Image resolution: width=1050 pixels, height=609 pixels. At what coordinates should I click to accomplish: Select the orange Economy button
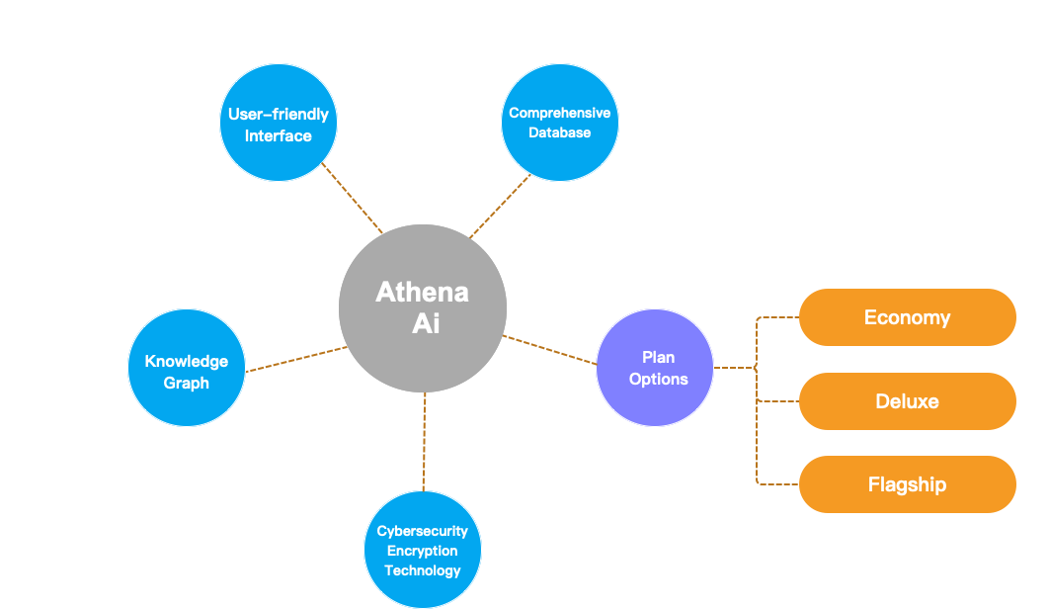(907, 317)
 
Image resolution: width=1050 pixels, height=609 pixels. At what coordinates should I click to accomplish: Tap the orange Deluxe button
(907, 401)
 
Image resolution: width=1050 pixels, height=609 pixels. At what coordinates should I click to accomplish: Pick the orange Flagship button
(907, 484)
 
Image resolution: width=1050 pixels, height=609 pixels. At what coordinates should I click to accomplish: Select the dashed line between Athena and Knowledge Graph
(294, 359)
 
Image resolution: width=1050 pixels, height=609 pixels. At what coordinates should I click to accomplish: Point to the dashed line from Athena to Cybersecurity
(424, 442)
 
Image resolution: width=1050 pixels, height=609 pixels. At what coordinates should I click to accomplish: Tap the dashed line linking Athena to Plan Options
(550, 351)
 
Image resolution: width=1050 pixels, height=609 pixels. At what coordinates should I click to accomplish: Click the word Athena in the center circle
(423, 293)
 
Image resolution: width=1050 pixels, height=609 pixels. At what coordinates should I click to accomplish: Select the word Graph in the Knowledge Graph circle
(187, 383)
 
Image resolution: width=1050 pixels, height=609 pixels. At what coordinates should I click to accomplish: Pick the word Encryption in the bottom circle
(423, 551)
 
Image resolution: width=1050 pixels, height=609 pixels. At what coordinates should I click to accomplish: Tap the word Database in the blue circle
(560, 132)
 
